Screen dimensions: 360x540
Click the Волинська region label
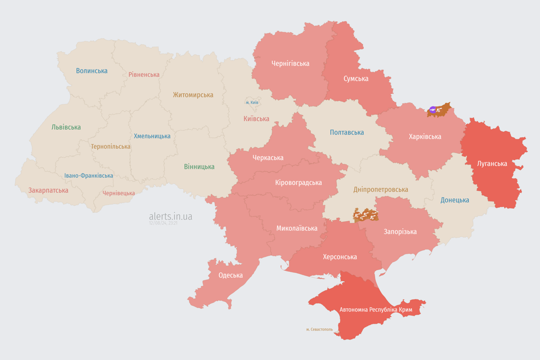tap(92, 71)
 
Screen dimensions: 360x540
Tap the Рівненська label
tap(144, 75)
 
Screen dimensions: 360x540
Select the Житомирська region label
tap(193, 95)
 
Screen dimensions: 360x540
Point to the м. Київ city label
tap(252, 102)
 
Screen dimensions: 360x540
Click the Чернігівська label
tap(290, 63)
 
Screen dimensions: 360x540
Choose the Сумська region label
tap(356, 78)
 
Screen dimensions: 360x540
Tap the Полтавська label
tap(347, 132)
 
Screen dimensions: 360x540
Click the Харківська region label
tap(425, 136)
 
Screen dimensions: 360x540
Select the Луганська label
tap(492, 164)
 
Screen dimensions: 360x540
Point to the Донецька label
tap(455, 200)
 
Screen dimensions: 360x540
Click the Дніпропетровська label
tap(380, 189)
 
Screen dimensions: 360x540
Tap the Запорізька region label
tap(400, 232)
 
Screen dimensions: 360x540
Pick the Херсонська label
tap(340, 257)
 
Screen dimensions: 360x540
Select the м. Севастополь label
tap(319, 330)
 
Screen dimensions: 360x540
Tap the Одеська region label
tap(231, 275)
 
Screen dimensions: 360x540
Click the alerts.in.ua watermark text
tap(171, 216)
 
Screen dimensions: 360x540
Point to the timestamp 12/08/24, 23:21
tap(163, 223)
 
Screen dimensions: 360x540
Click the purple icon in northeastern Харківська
tap(433, 110)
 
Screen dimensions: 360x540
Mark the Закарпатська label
tap(48, 190)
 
